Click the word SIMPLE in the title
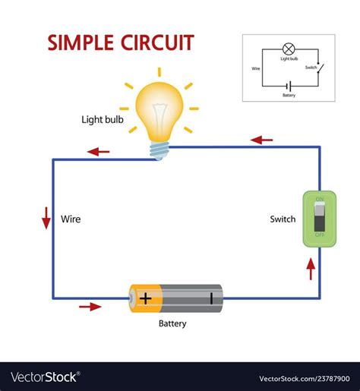pos(81,43)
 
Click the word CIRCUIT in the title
pos(156,43)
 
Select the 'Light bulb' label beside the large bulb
pos(102,119)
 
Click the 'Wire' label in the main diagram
pos(71,219)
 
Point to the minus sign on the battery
pos(211,298)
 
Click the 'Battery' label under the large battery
pos(172,323)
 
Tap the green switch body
pos(319,219)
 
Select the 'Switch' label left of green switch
pos(283,219)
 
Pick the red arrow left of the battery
pos(90,307)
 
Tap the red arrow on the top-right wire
pos(262,140)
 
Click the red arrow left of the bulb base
pos(99,151)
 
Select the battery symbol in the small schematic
pos(289,86)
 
